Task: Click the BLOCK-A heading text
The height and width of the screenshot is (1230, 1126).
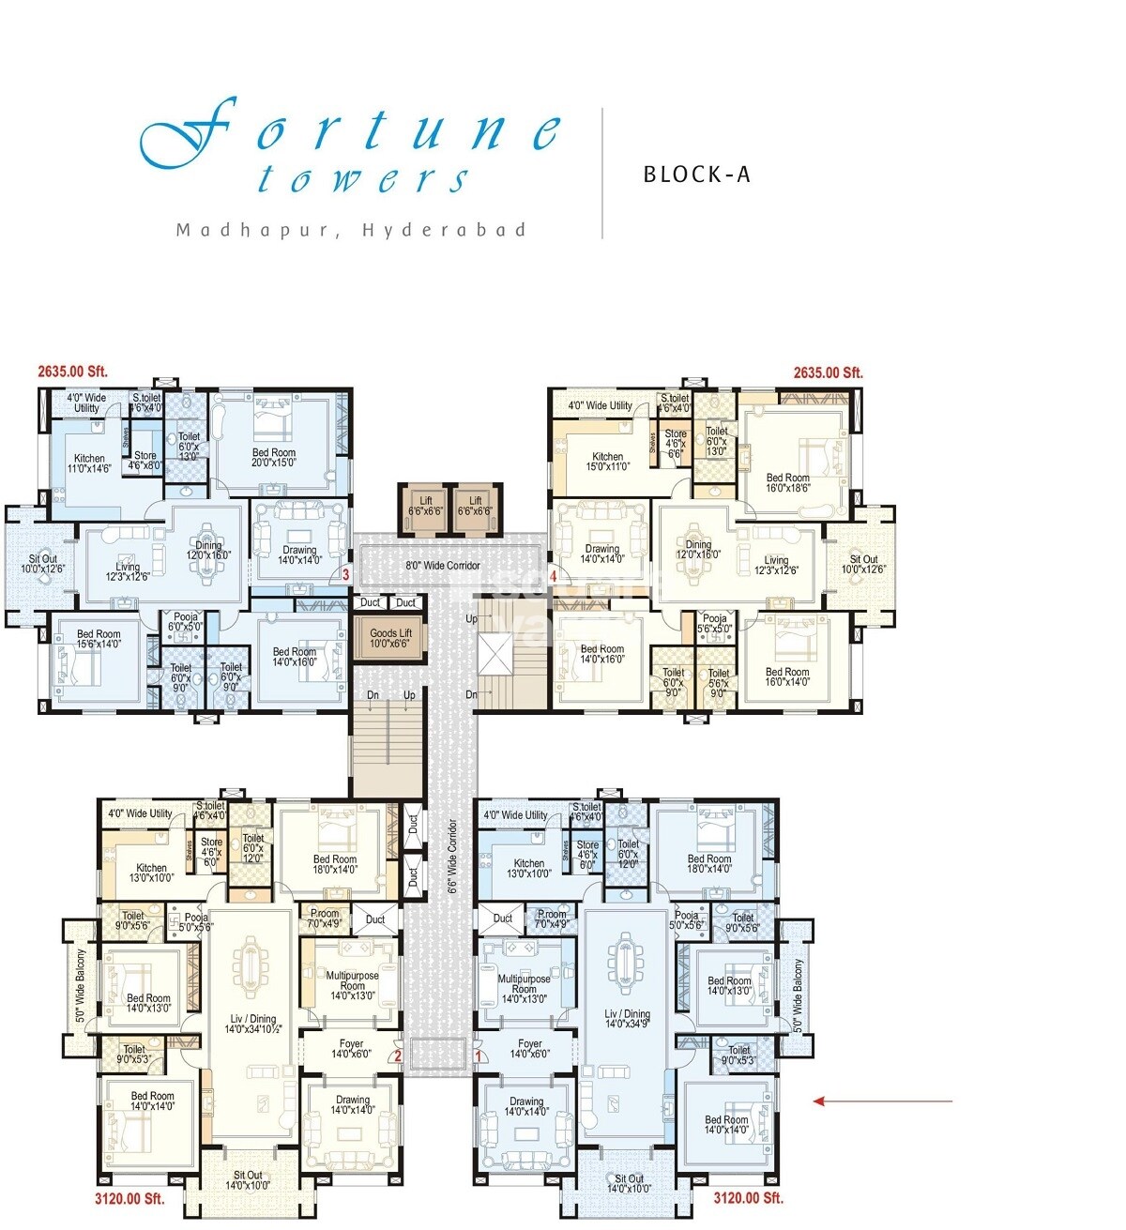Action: (x=696, y=175)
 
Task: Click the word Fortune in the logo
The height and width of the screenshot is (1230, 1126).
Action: (x=352, y=131)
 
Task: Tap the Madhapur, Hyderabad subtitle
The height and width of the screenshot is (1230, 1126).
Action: (x=352, y=230)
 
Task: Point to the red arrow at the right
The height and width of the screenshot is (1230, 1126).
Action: (x=882, y=1101)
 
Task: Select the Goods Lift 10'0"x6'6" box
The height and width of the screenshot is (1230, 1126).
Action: (x=389, y=638)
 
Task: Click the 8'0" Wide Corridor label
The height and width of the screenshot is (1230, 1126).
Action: (x=442, y=566)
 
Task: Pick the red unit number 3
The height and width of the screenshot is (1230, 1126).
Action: (x=345, y=575)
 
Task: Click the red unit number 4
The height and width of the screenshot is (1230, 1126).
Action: (x=554, y=576)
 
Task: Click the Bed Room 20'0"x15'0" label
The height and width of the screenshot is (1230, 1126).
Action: (x=274, y=458)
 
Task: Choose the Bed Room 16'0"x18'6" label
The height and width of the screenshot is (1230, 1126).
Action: (x=787, y=483)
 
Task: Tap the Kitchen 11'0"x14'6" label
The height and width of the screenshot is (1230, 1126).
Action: (x=89, y=463)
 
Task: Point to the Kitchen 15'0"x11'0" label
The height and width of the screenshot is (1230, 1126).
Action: (x=607, y=462)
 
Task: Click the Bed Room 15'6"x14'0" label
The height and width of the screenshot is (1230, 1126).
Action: (x=99, y=639)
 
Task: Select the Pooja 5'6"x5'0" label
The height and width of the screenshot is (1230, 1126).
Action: (x=715, y=624)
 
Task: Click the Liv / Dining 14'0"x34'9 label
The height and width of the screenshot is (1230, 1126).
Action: (x=628, y=1020)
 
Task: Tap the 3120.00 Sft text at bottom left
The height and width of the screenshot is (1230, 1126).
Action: (x=129, y=1198)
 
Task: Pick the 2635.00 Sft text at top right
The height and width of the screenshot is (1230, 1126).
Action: (x=828, y=372)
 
